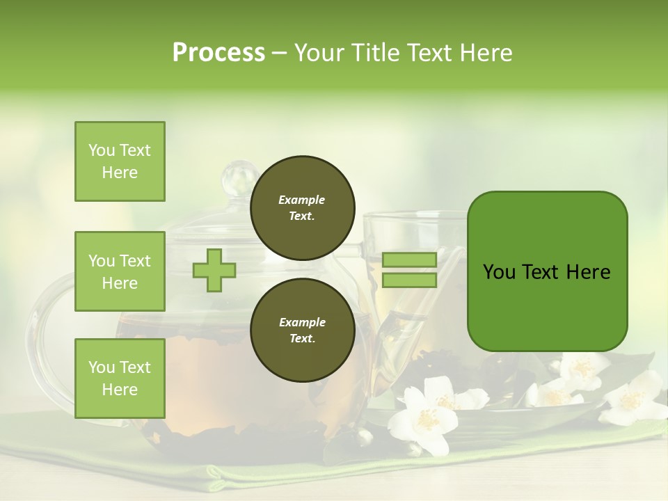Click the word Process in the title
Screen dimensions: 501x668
(x=218, y=53)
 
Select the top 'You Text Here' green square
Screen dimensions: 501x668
(x=120, y=161)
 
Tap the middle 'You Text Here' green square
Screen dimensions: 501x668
(x=120, y=271)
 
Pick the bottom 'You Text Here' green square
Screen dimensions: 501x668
(x=120, y=378)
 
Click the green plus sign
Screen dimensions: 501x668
(x=214, y=270)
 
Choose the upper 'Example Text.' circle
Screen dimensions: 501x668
(x=302, y=207)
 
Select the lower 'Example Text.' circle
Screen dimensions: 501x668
(x=302, y=330)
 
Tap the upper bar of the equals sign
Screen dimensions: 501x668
(x=409, y=260)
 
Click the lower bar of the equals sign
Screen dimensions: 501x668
(x=409, y=280)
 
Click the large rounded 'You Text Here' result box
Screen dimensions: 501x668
(x=547, y=271)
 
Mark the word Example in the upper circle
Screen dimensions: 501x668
(x=301, y=200)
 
